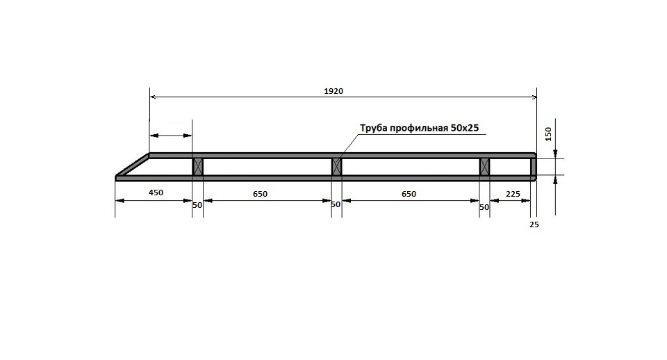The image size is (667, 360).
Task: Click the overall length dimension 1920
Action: pos(333,91)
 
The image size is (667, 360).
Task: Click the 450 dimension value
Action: pos(156,193)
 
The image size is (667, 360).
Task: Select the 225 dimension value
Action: pos(513,194)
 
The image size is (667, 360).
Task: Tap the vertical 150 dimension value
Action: pos(548,134)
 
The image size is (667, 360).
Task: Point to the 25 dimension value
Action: pos(534,224)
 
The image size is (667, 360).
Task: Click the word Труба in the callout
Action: pos(374,128)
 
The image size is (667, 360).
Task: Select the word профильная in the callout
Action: pos(419,128)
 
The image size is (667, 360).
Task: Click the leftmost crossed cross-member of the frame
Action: pos(198,166)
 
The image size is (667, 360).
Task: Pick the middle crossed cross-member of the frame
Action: pos(336,166)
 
